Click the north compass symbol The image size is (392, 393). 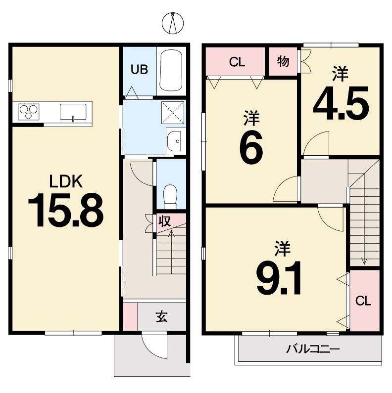173,23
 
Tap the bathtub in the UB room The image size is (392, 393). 171,71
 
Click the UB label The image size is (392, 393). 139,69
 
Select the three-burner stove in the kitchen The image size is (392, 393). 29,112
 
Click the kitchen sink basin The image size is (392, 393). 73,112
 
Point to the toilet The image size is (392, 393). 170,197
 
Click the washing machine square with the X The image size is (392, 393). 172,113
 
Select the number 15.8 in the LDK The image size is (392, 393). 66,210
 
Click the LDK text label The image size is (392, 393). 66,181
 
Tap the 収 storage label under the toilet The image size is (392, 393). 165,221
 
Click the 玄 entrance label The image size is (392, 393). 161,317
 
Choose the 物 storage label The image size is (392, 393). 283,61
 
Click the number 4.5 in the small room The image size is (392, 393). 341,103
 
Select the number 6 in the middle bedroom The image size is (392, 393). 251,148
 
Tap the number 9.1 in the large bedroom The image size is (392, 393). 279,278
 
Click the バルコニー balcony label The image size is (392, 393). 313,349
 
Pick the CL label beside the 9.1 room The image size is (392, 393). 363,301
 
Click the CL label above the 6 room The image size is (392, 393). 237,62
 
